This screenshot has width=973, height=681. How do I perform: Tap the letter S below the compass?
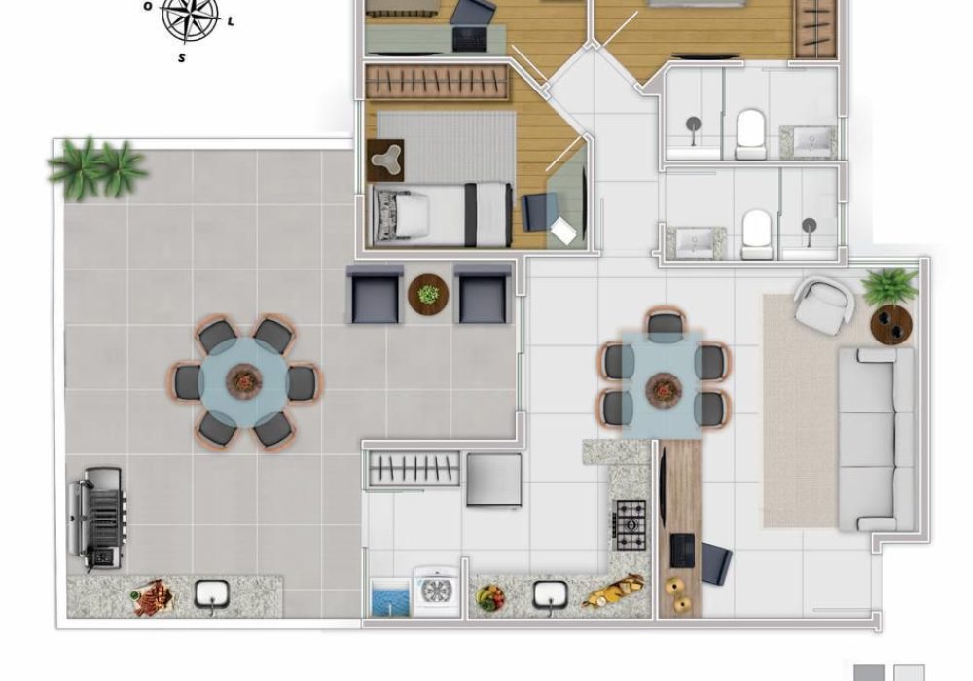(x=182, y=58)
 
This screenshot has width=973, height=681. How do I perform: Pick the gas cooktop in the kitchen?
(x=630, y=524)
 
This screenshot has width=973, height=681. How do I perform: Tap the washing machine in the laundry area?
(x=436, y=591)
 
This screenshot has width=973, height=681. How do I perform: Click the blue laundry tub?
(x=390, y=597)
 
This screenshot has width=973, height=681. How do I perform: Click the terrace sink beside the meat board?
(x=212, y=594)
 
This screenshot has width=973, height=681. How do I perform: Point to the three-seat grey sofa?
(x=877, y=440)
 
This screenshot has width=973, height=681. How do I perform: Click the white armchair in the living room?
(x=823, y=304)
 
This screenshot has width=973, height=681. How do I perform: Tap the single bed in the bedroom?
(x=441, y=214)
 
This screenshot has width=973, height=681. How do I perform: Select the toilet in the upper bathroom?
(x=750, y=133)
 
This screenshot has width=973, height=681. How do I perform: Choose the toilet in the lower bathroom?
(x=756, y=233)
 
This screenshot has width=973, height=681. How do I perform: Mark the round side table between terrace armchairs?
(x=428, y=294)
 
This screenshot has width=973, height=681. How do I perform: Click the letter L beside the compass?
(x=232, y=21)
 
